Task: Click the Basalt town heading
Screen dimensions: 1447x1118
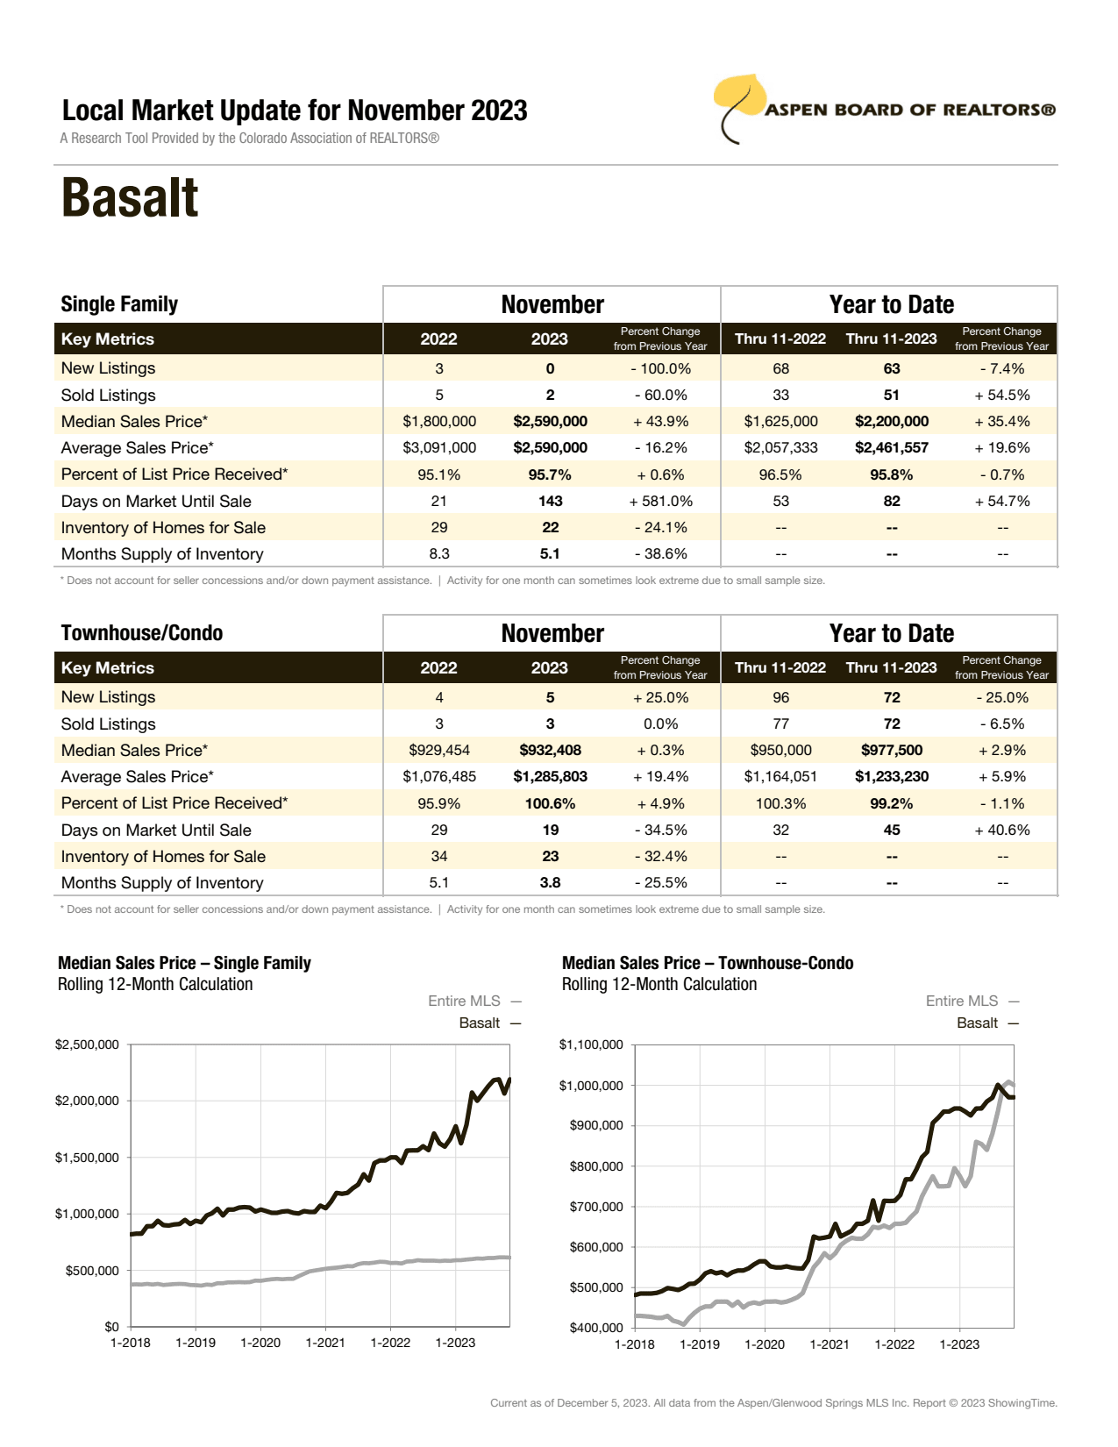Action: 130,198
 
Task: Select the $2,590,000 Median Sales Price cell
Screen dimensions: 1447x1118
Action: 550,422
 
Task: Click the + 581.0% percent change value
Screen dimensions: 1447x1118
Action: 660,502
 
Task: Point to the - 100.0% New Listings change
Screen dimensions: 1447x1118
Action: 660,369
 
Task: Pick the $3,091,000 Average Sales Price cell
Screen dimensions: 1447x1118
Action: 439,448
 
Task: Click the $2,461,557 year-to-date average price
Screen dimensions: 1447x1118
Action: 891,448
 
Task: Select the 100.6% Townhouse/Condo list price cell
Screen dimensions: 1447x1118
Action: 550,803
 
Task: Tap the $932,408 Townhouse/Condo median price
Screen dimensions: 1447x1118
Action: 550,751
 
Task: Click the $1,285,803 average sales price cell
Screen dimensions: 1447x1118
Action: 550,777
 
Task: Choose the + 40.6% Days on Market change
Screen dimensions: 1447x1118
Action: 1001,830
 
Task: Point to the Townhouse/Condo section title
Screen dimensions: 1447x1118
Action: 142,633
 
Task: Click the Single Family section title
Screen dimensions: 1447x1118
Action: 119,304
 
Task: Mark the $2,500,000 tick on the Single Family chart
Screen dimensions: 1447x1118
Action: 87,1044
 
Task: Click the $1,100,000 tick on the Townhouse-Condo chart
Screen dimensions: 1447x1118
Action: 591,1044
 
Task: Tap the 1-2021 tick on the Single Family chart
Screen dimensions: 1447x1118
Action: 325,1343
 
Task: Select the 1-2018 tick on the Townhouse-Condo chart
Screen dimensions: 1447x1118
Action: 634,1344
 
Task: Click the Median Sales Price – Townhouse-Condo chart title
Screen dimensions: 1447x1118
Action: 707,963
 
